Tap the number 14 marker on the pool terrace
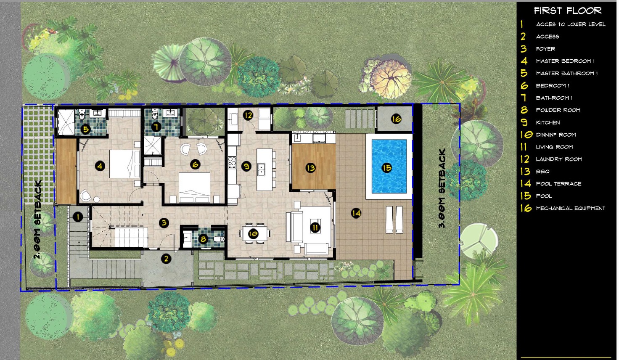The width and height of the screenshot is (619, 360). [356, 213]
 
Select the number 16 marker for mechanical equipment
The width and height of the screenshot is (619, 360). [396, 119]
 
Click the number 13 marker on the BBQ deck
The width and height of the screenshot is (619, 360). [310, 168]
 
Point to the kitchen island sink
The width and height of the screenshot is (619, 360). [261, 169]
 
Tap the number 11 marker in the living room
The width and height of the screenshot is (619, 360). [315, 228]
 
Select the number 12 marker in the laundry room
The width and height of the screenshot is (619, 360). [248, 115]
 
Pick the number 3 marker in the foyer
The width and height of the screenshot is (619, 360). [164, 223]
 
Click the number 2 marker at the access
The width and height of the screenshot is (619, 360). [166, 259]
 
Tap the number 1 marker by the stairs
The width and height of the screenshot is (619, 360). [78, 217]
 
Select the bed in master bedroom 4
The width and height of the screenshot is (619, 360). [125, 164]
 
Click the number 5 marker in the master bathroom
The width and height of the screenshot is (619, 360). [85, 129]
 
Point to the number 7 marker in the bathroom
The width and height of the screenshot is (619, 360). [156, 127]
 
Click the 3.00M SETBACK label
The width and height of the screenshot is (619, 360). [442, 188]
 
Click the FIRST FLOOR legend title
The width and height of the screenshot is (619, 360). [568, 11]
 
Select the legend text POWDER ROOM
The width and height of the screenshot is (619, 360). [558, 110]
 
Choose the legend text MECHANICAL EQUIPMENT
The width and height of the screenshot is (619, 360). [571, 208]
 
